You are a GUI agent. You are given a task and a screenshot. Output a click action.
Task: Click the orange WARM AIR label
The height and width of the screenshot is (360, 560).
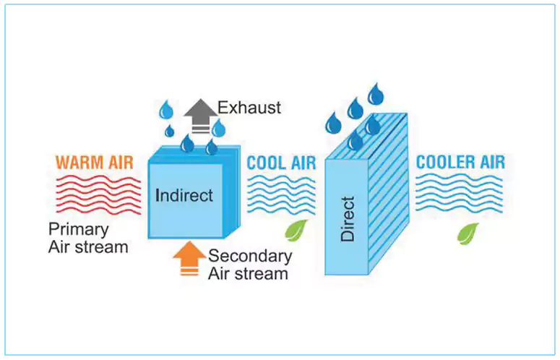[x=94, y=162]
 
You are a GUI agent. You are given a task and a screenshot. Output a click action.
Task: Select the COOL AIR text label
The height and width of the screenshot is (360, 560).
[x=281, y=162]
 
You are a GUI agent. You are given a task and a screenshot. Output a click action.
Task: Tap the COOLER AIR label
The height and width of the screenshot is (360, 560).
[x=460, y=162]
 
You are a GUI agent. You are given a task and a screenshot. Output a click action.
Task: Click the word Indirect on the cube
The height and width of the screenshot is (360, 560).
[x=185, y=195]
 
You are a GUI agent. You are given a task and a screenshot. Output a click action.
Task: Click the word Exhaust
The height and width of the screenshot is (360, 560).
[x=249, y=108]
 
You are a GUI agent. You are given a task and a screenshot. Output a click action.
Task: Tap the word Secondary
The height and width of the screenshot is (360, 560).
[x=250, y=256]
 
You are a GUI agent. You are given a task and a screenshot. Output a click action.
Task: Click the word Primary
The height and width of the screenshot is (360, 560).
[x=79, y=229]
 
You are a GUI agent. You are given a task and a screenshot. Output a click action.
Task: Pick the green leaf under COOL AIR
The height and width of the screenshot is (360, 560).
[x=296, y=231]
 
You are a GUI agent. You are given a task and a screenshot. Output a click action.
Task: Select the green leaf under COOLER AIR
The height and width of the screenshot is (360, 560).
[x=468, y=233]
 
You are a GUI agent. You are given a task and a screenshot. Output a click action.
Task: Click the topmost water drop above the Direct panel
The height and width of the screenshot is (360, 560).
[x=376, y=94]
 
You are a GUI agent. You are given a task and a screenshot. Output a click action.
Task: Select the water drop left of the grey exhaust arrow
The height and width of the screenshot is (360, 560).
[x=167, y=111]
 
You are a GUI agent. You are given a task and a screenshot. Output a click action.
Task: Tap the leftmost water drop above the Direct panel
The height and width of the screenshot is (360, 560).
[x=333, y=123]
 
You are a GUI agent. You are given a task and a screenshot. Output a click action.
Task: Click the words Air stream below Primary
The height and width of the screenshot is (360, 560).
[x=88, y=247]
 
